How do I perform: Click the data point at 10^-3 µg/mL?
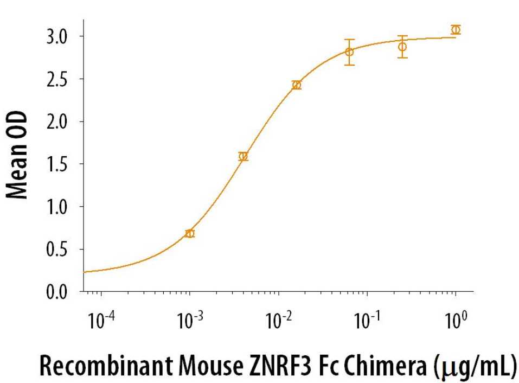(x=190, y=233)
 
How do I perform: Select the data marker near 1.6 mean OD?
(x=244, y=156)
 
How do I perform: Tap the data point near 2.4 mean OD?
(x=297, y=85)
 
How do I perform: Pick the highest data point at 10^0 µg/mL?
(x=456, y=29)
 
